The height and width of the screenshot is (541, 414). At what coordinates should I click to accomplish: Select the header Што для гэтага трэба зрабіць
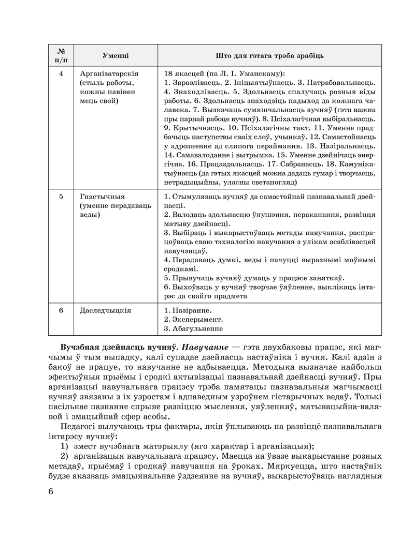[269, 55]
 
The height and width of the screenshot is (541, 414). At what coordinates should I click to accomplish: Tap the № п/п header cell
[61, 55]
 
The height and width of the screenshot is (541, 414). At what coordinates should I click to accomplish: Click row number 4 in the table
[61, 73]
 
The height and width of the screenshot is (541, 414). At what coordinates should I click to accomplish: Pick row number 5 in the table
[61, 197]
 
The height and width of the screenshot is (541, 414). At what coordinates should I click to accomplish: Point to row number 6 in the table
[61, 310]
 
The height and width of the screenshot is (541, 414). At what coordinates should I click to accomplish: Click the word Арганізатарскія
[109, 73]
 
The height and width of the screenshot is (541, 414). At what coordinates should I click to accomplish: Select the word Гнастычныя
[103, 197]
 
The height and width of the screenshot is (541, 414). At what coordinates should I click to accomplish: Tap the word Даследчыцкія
[106, 310]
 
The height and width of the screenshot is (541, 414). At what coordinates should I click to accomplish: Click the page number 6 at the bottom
[50, 491]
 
